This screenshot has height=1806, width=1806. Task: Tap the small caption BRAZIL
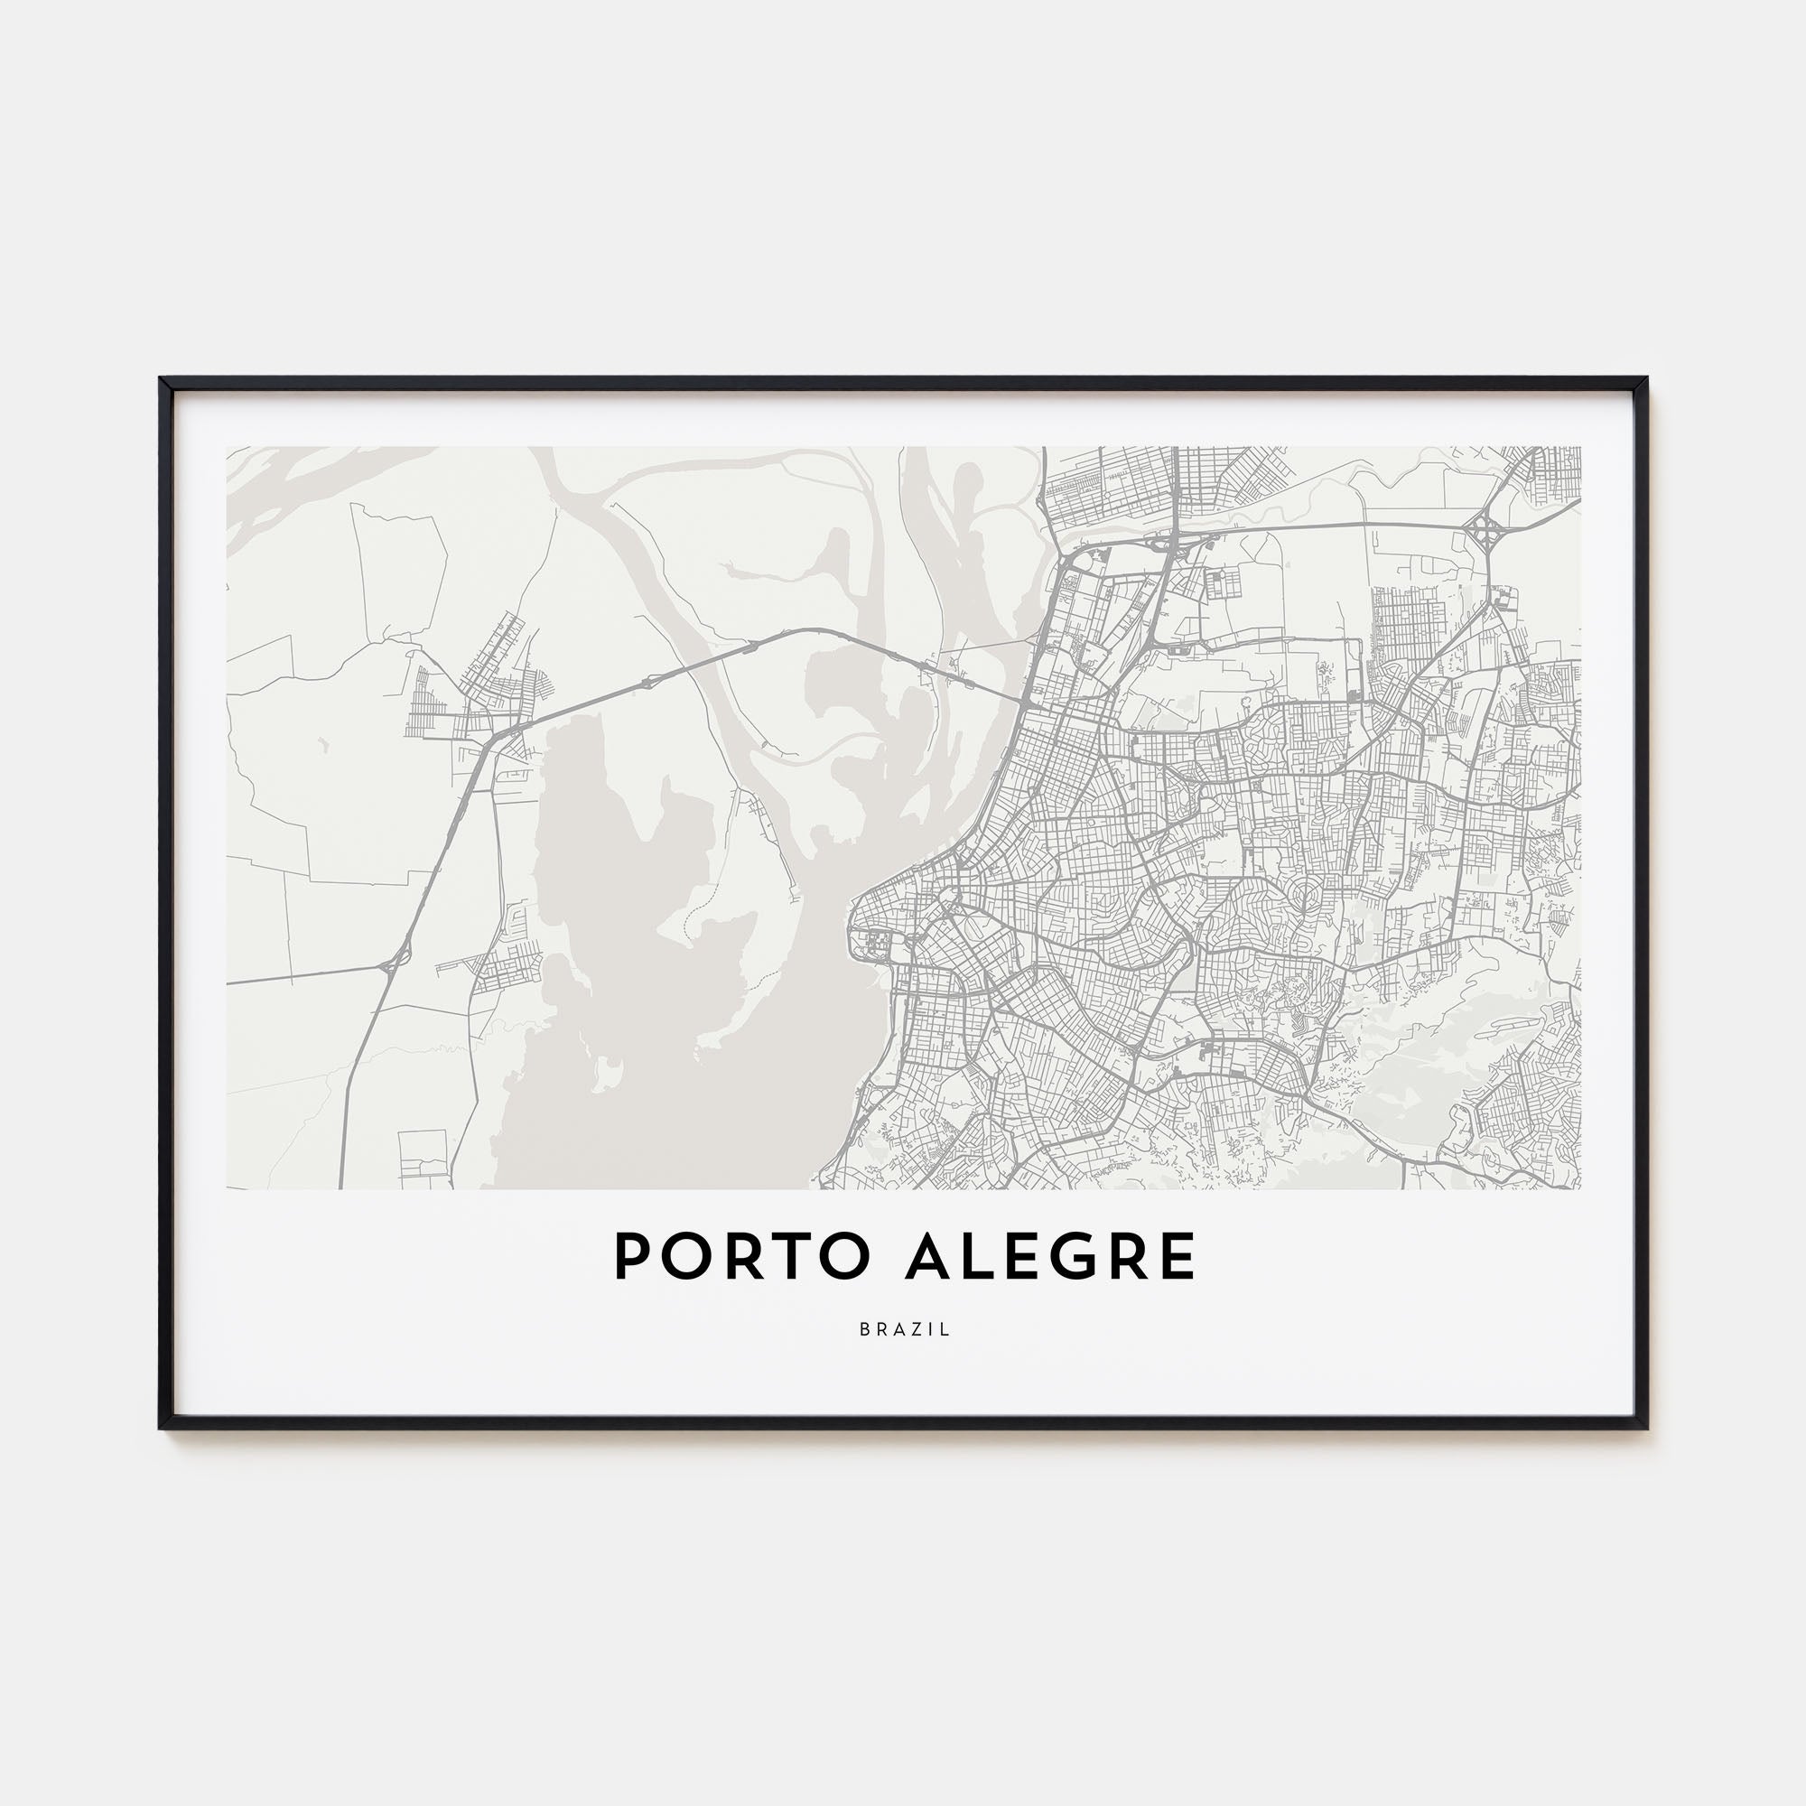click(x=904, y=1329)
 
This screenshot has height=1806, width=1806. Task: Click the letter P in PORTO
click(x=632, y=1256)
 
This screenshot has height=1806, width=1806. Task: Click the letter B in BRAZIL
click(x=865, y=1329)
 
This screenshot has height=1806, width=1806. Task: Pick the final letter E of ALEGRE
click(x=1179, y=1256)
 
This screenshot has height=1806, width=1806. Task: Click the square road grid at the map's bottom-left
click(x=423, y=1156)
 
